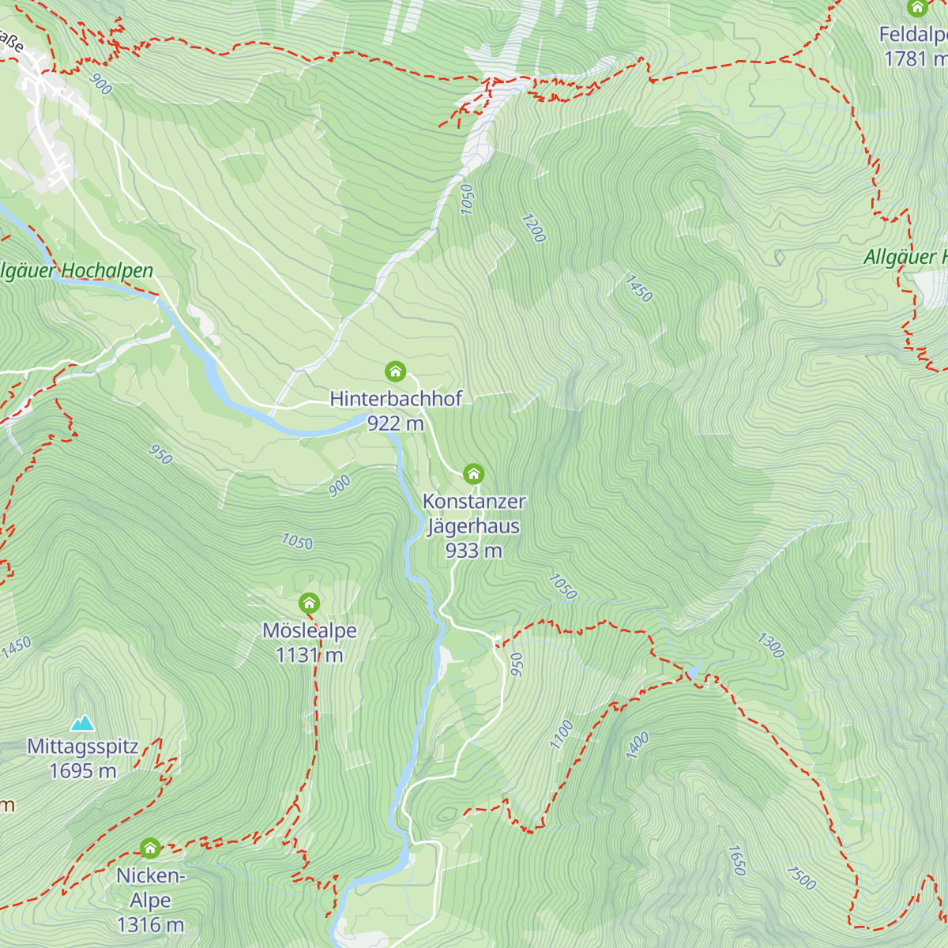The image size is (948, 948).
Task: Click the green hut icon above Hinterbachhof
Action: click(x=395, y=371)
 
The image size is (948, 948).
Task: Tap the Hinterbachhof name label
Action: click(x=396, y=398)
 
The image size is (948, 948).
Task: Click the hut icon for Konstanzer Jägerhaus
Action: click(x=473, y=474)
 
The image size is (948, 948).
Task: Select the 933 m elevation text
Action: click(x=473, y=551)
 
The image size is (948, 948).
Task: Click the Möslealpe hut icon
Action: click(x=309, y=604)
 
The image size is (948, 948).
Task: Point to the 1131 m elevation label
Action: click(x=309, y=655)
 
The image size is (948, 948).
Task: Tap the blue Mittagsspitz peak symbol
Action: click(x=82, y=723)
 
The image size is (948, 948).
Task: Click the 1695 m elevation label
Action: click(x=82, y=771)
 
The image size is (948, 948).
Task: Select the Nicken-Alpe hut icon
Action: click(x=150, y=848)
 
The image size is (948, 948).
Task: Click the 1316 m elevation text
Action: click(x=150, y=924)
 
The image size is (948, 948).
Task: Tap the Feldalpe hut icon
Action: click(x=916, y=8)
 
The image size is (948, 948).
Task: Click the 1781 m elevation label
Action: click(x=915, y=58)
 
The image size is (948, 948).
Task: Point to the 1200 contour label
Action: click(x=533, y=228)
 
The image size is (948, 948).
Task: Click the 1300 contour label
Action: click(x=770, y=645)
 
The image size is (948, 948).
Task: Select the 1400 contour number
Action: click(x=638, y=745)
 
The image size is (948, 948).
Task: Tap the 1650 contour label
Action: click(x=736, y=860)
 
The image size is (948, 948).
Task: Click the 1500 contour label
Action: click(x=801, y=878)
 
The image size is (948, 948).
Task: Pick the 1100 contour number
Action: click(x=562, y=734)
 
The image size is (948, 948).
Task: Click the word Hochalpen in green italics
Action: click(x=107, y=271)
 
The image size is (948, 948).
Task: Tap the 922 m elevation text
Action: click(x=395, y=423)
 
